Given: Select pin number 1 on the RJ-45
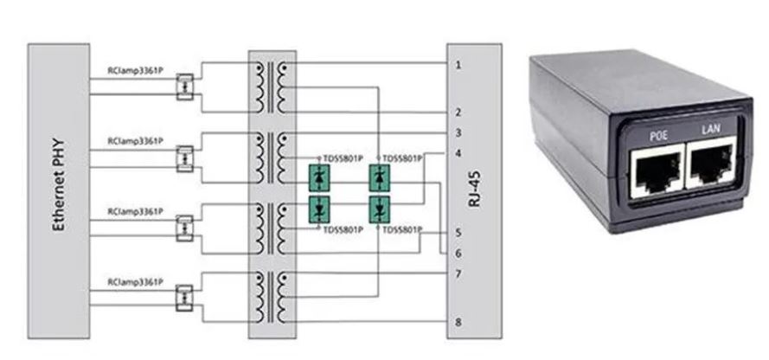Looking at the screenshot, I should click(x=458, y=66).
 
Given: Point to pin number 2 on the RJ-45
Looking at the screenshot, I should click(x=458, y=112).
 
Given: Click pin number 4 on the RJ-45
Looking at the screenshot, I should click(x=458, y=153).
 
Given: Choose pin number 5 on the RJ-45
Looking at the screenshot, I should click(x=458, y=233).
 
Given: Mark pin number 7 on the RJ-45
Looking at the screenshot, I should click(x=458, y=274).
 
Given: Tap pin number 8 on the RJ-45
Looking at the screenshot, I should click(x=458, y=322).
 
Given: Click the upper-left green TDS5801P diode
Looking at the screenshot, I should click(x=317, y=178).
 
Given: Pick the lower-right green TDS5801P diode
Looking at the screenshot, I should click(x=379, y=209).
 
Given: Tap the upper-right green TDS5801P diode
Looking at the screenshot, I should click(x=379, y=178).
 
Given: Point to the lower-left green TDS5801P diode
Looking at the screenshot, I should click(x=317, y=209).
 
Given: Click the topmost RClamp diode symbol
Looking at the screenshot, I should click(x=183, y=87).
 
